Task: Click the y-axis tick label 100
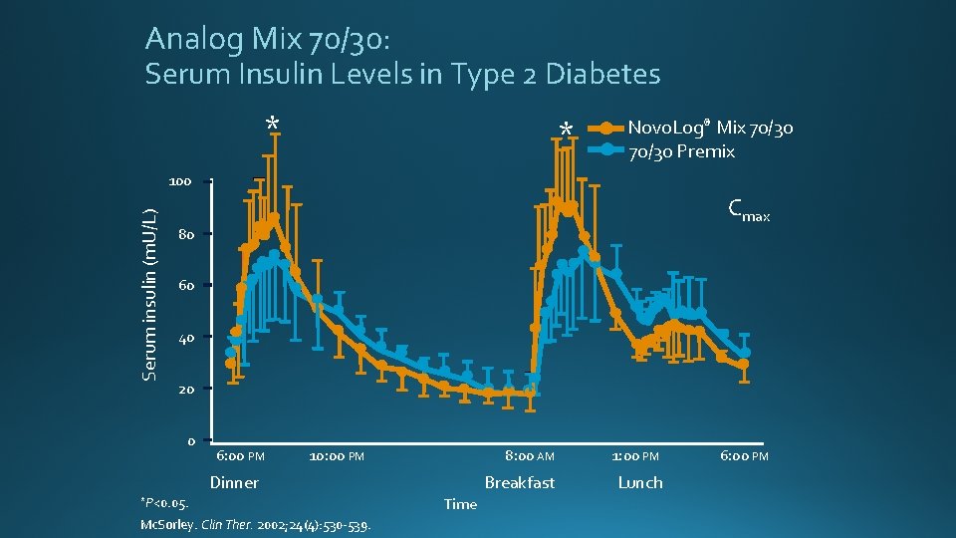coord(179,182)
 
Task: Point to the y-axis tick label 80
coord(185,235)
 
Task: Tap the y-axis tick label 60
coord(185,286)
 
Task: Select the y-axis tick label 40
coord(185,338)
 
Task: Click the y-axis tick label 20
coord(185,389)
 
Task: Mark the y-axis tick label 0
coord(189,440)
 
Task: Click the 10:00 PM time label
coord(337,456)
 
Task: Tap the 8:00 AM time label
coord(529,456)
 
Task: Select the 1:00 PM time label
coord(635,456)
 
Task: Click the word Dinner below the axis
coord(234,482)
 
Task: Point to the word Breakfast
coord(519,482)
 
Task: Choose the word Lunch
coord(639,482)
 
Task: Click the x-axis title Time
coord(460,504)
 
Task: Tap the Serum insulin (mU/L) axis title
coord(149,295)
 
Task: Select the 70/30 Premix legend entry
coord(681,151)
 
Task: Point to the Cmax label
coord(748,210)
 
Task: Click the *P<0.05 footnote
coord(164,503)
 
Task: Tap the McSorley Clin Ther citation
coord(256,525)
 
